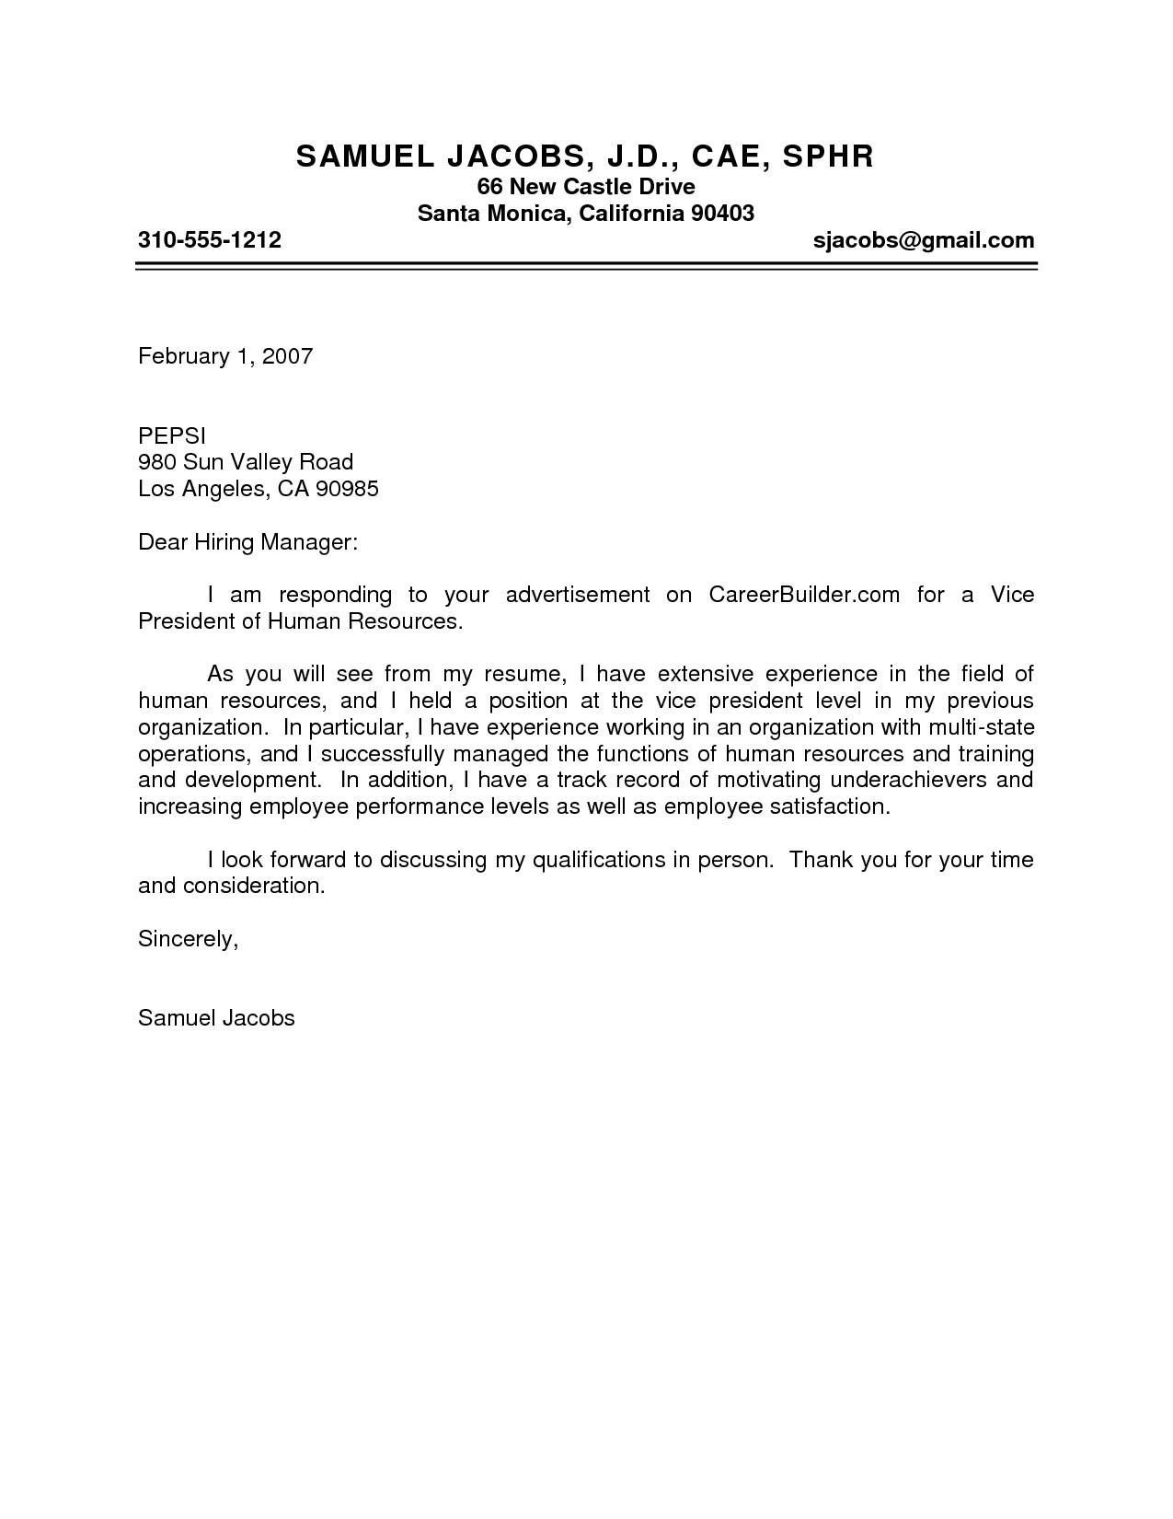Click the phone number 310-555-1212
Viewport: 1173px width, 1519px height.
pos(209,240)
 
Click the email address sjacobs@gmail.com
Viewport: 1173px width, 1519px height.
pos(924,240)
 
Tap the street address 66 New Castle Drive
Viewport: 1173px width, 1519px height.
pos(585,187)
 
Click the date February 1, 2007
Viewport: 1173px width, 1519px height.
pos(225,355)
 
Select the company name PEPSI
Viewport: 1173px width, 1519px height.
pos(172,435)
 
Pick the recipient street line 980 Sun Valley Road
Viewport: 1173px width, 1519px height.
pos(246,461)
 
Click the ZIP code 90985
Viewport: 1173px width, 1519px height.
pos(347,488)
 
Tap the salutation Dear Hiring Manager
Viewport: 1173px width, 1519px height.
pos(247,541)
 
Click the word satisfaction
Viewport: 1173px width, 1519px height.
pos(832,806)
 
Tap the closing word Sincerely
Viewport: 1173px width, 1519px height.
pos(188,938)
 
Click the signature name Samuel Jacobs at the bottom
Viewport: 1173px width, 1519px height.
pos(216,1017)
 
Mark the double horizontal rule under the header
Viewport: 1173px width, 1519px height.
pos(587,266)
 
